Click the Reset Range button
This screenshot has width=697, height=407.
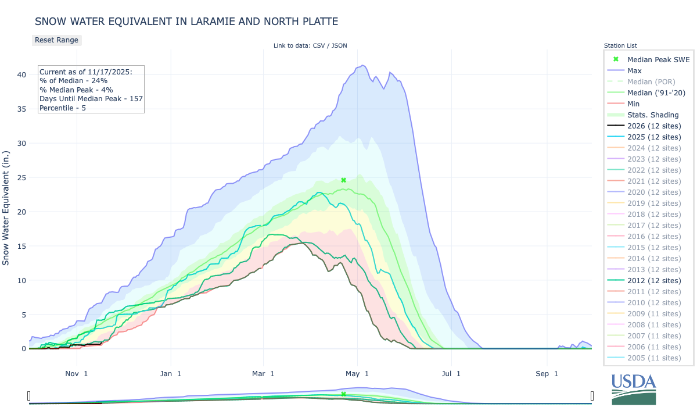56,40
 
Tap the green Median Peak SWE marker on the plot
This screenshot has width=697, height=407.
343,180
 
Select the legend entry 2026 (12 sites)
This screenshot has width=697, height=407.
654,126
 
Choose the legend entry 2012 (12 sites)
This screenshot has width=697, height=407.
654,280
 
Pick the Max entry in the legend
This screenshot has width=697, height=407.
634,70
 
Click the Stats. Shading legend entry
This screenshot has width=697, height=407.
653,115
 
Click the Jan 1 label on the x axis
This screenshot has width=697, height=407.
171,373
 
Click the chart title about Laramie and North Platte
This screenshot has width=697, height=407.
186,22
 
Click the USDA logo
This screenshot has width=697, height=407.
633,388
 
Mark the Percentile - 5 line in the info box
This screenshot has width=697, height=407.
63,108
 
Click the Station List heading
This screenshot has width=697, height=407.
620,45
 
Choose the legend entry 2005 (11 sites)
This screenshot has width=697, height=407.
654,358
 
